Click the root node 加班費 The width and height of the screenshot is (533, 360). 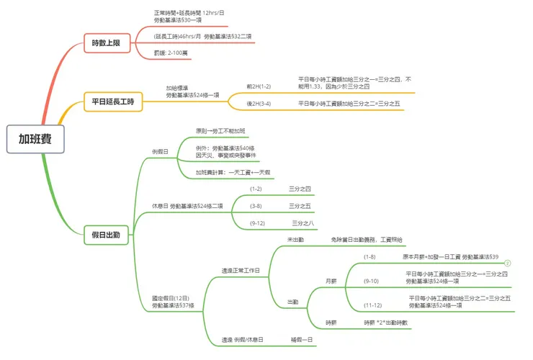click(x=35, y=139)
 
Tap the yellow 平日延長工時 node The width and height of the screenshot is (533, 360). click(x=113, y=102)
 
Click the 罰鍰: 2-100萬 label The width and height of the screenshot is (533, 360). click(x=173, y=53)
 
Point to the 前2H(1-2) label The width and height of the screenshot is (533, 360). click(x=259, y=86)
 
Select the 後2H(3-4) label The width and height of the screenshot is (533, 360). click(x=259, y=104)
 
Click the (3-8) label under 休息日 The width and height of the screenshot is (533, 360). click(x=256, y=206)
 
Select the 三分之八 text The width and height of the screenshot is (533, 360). click(x=303, y=223)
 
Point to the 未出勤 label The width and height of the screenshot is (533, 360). click(x=295, y=239)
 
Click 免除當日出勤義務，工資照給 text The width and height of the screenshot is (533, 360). click(x=367, y=239)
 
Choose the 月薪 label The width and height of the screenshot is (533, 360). click(x=331, y=281)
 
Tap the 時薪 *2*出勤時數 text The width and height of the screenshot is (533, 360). click(x=386, y=323)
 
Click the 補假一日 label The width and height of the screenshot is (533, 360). click(x=303, y=339)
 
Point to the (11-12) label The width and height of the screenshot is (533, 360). click(x=372, y=305)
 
